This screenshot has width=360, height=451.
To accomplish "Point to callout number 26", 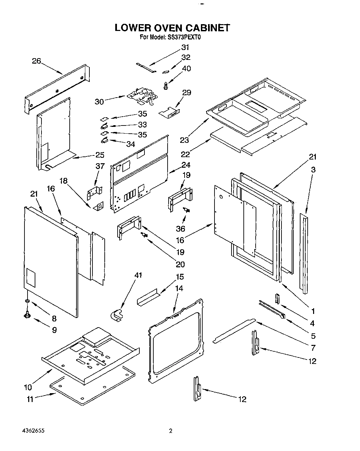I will [36, 61].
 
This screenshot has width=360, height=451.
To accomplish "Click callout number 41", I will [138, 275].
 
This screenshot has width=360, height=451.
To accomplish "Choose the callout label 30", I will [100, 101].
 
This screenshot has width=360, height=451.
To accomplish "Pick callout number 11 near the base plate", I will [30, 399].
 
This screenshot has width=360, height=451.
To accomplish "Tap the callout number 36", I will [181, 229].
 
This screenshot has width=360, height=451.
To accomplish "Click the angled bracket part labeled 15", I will [147, 298].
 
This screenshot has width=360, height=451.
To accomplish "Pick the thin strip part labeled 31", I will [146, 67].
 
